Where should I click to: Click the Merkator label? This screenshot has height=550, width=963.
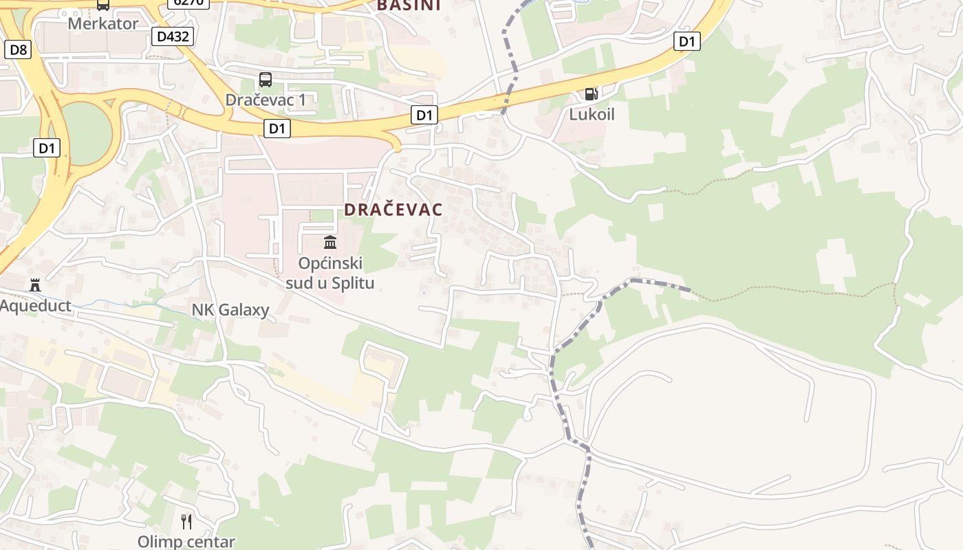[x=102, y=23]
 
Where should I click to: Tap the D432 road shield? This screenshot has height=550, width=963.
[x=172, y=36]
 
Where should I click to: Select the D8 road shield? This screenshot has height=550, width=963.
[x=19, y=49]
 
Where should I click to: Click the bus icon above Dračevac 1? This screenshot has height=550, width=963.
[x=266, y=79]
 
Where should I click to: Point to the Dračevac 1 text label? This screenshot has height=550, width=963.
[x=266, y=100]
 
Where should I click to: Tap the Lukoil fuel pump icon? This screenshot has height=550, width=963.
[x=591, y=93]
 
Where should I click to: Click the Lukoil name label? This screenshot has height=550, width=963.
[x=592, y=114]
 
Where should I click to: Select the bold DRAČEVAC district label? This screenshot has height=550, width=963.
[x=393, y=210]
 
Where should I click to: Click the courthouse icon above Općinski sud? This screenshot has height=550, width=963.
[x=330, y=242]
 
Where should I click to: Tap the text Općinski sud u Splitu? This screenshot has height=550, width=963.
[x=330, y=273]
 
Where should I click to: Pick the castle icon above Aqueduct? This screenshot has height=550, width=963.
[x=34, y=285]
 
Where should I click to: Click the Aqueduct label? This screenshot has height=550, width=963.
[x=36, y=306]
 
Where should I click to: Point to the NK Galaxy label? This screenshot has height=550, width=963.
[x=230, y=310]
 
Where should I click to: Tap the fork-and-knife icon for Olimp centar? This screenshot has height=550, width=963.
[x=186, y=521]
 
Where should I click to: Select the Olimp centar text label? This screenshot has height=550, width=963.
[x=186, y=542]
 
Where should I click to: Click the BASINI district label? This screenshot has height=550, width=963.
[x=409, y=5]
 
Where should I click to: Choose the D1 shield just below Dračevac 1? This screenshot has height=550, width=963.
[x=277, y=128]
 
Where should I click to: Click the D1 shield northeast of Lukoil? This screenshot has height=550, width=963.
[x=686, y=41]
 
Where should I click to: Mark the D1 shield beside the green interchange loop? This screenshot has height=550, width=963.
[x=47, y=147]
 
